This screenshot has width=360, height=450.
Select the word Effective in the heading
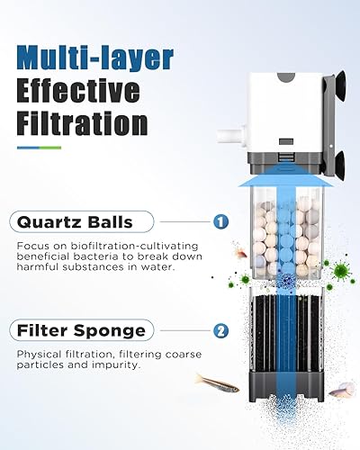(x=79, y=91)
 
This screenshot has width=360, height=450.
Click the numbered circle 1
(x=220, y=220)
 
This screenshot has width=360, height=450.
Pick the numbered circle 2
(x=220, y=330)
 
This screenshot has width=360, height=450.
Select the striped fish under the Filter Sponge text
(x=217, y=382)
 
